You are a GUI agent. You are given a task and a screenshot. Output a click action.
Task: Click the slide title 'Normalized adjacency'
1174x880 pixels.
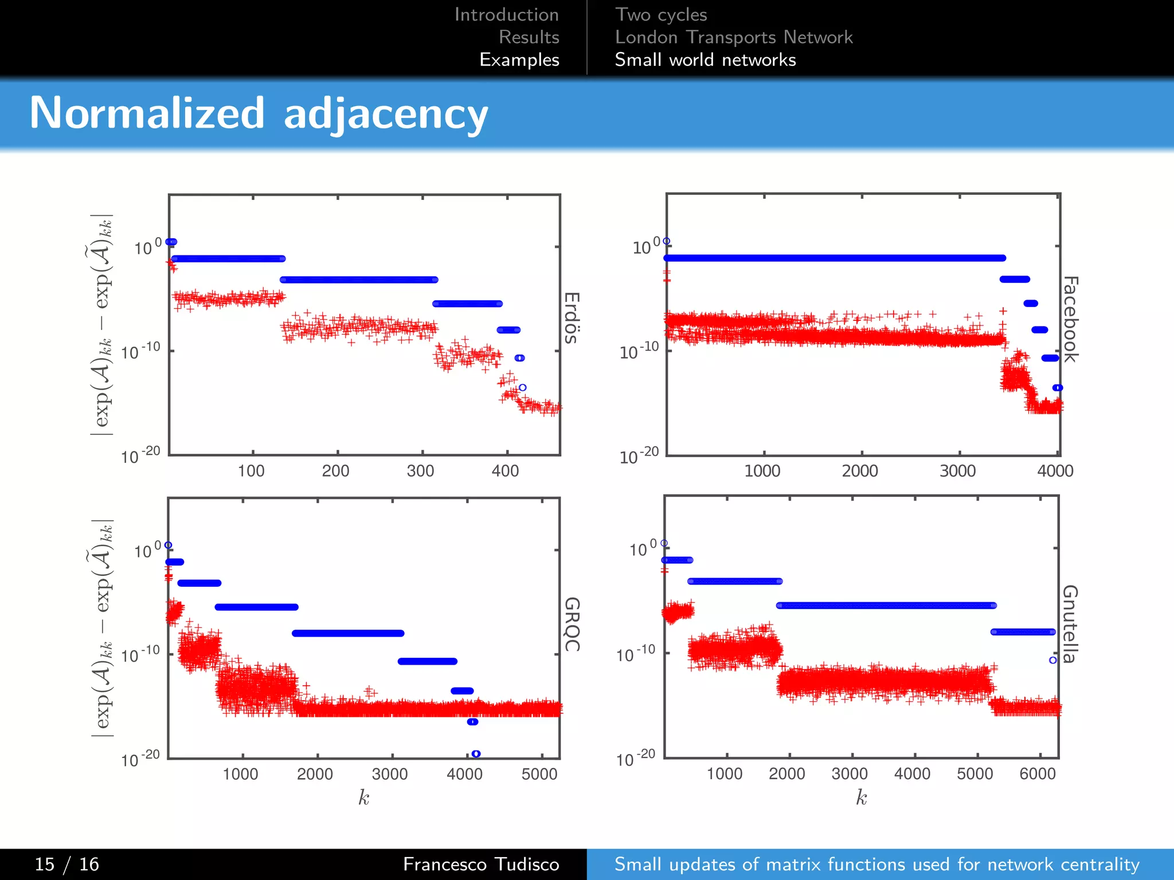click(258, 113)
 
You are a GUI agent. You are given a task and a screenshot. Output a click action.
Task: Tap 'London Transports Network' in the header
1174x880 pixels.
click(734, 37)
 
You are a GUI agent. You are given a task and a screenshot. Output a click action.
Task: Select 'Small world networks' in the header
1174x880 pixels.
click(705, 60)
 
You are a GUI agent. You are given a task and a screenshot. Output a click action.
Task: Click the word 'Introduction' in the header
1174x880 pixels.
click(506, 14)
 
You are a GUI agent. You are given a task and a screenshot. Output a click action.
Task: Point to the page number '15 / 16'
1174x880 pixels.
click(66, 864)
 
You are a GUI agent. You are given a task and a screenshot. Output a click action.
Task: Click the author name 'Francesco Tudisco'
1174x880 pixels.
click(480, 864)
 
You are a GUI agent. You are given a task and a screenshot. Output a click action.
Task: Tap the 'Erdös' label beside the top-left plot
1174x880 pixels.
click(572, 318)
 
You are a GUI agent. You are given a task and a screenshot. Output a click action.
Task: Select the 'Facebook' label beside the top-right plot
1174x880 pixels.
click(1070, 319)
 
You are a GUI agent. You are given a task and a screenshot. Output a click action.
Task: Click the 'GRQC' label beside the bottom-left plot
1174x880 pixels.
click(572, 624)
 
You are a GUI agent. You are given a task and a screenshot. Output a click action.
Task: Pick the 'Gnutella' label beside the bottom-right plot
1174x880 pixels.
click(1070, 624)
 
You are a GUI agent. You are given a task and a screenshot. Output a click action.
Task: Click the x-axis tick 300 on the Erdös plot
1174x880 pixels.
click(420, 471)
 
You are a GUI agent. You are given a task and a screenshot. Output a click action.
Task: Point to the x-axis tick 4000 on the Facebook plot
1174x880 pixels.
click(1055, 471)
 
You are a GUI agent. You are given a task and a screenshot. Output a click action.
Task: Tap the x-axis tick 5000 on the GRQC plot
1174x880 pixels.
click(539, 774)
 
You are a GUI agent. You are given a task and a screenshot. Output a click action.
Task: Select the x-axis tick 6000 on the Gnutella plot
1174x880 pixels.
click(1037, 773)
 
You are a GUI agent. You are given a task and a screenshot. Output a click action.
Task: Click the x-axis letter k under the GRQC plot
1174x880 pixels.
click(363, 797)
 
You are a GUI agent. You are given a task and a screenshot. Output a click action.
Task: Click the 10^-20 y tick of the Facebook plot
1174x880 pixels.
click(639, 456)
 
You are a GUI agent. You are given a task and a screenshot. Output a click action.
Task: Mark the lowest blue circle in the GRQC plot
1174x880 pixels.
click(476, 753)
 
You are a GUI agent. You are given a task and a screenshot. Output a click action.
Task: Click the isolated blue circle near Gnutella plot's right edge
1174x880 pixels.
click(1052, 660)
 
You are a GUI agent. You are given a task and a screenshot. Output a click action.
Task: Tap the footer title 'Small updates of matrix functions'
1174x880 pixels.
click(877, 864)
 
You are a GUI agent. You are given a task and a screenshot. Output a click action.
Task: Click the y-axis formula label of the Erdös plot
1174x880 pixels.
click(103, 324)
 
